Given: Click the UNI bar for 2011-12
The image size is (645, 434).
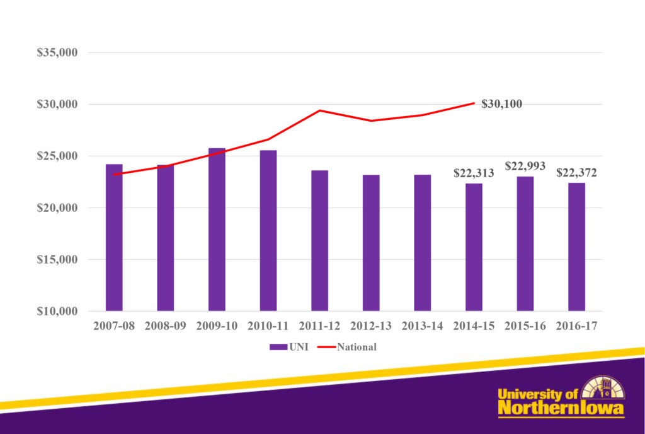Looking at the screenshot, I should click(319, 240).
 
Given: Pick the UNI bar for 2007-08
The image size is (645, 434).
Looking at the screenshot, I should click(114, 237).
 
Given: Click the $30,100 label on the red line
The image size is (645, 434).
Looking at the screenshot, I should click(501, 104).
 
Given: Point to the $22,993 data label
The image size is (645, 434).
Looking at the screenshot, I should click(525, 166).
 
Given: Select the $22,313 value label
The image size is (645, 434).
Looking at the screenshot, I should click(474, 173).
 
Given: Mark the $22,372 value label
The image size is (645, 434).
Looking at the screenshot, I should click(576, 173).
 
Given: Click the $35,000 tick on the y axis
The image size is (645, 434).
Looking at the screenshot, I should click(57, 52).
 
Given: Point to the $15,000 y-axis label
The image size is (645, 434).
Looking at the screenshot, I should click(57, 259).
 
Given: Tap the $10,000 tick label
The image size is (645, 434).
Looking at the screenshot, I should click(57, 311).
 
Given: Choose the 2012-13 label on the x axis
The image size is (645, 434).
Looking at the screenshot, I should click(371, 326).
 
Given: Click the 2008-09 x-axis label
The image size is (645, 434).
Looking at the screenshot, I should click(165, 326).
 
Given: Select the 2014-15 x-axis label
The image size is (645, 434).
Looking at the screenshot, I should click(474, 326).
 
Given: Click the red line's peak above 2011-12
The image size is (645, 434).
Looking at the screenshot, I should click(320, 110).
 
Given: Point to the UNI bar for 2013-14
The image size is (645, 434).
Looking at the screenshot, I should click(422, 243).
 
